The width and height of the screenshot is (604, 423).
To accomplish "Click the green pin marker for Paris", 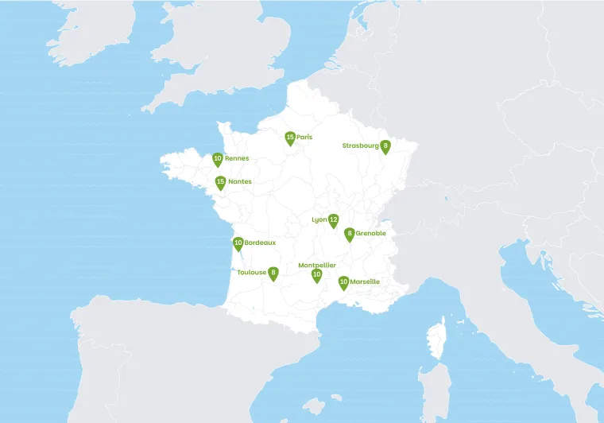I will (290, 138).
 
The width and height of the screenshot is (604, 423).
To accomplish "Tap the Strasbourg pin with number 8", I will (385, 146).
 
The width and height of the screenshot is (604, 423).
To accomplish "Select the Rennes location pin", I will (218, 159).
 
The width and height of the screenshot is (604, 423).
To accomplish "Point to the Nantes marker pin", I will (220, 182).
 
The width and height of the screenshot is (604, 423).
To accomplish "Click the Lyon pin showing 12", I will (334, 219).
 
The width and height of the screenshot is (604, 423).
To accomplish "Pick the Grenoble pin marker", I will (350, 234).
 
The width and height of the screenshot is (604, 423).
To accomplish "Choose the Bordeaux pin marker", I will (238, 243).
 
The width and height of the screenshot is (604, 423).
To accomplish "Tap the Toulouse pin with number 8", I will (273, 273).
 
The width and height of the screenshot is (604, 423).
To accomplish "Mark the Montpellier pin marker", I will (316, 275).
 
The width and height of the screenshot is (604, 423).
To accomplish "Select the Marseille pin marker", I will (343, 281).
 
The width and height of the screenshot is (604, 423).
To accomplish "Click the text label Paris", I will (304, 137).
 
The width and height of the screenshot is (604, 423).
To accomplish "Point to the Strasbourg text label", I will (361, 146).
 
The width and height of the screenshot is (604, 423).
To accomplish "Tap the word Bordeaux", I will (260, 242).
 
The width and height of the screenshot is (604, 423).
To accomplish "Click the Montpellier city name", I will (317, 265).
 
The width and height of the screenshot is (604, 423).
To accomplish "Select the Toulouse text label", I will (252, 272).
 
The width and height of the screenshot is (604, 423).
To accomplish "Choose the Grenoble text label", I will (371, 233).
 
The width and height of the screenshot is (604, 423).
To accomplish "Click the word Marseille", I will (365, 281).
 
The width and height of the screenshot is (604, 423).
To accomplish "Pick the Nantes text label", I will (240, 181).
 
